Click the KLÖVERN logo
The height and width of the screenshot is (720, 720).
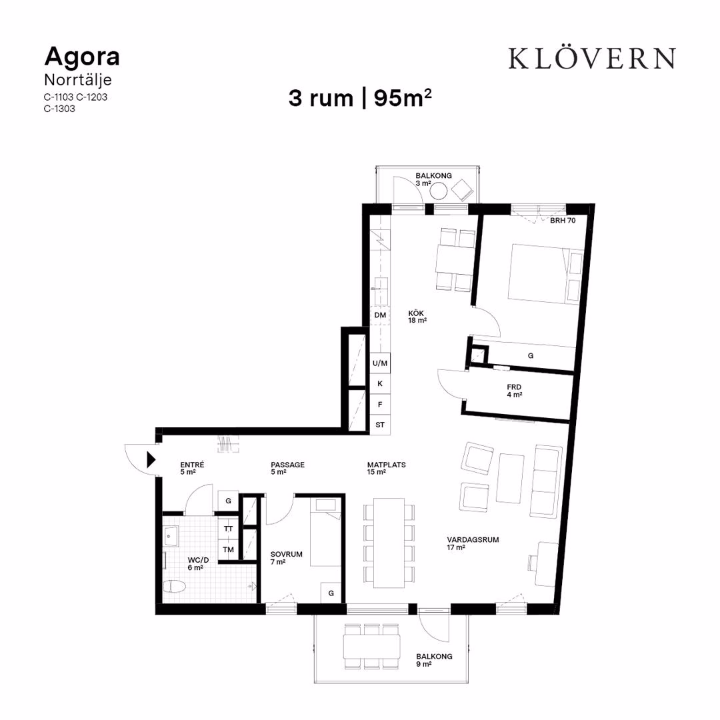[x=591, y=58]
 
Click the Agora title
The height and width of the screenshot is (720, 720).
[x=82, y=57]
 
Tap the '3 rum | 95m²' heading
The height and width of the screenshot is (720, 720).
[x=360, y=98]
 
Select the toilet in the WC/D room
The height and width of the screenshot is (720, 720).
[x=175, y=587]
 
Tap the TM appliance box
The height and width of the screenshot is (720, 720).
[x=228, y=549]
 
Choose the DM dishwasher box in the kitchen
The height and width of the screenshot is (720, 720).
[x=380, y=315]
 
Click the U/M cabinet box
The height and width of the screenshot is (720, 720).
[x=380, y=363]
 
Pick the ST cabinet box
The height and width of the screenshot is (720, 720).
[x=380, y=425]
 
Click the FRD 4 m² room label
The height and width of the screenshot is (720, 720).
[x=514, y=391]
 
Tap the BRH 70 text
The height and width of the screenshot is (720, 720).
[x=563, y=221]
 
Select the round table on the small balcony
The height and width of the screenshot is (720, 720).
[x=439, y=191]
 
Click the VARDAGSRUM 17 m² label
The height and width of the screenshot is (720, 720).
[x=473, y=543]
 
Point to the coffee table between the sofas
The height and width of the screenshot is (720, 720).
[x=510, y=478]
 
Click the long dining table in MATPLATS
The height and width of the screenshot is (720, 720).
[x=389, y=543]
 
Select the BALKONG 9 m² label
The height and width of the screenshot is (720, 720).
[x=434, y=660]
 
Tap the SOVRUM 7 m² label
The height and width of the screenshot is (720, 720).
[x=286, y=558]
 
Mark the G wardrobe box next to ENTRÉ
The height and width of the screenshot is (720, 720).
[x=228, y=501]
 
